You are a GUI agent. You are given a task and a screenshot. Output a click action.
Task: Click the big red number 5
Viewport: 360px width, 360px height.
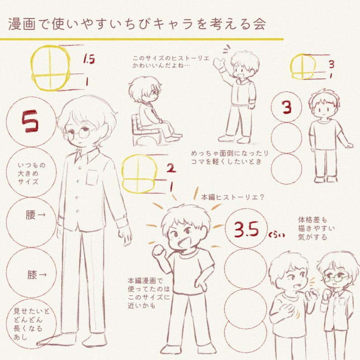pyautogui.click(x=30, y=121)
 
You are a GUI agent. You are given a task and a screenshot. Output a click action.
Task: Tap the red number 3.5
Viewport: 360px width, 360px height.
pyautogui.click(x=246, y=229)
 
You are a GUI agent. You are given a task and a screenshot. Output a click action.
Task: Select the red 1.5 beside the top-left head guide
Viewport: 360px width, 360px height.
pyautogui.click(x=89, y=59)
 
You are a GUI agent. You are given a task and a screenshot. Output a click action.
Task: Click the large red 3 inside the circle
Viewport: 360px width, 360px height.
pyautogui.click(x=287, y=107)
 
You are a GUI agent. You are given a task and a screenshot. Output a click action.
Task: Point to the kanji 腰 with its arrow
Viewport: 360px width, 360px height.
pyautogui.click(x=36, y=215)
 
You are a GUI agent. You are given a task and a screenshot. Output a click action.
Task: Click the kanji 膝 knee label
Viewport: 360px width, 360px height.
pyautogui.click(x=37, y=274)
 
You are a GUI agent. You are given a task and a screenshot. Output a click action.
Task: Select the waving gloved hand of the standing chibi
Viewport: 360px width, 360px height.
pyautogui.click(x=219, y=63)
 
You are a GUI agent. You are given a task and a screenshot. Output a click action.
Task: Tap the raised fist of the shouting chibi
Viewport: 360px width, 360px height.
pyautogui.click(x=158, y=251)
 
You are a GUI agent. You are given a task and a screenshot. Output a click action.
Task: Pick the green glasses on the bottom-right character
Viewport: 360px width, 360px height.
pyautogui.click(x=336, y=278)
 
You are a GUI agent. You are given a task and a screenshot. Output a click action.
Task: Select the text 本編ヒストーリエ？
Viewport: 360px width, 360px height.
pyautogui.click(x=233, y=197)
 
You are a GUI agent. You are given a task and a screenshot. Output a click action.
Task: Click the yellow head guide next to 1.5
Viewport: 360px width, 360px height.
pyautogui.click(x=50, y=68)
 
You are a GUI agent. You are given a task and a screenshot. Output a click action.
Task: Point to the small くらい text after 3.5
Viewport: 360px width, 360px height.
pyautogui.click(x=277, y=235)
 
